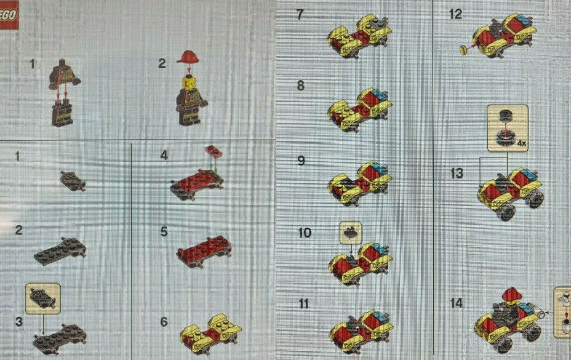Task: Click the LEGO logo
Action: pos(9,15)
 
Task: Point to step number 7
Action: pos(300,15)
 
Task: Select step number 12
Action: pos(455,14)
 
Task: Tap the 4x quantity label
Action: pos(522,143)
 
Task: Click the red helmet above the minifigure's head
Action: pos(189,57)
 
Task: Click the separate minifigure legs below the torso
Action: pos(62,114)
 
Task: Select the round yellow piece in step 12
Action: pos(465,49)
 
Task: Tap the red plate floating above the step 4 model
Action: pos(214,151)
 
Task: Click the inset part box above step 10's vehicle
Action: pos(351,233)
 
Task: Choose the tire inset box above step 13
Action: pos(508,128)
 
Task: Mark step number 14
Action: pos(457,303)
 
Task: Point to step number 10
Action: pos(305,233)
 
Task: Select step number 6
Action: pos(164,321)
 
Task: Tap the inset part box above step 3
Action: pos(43,299)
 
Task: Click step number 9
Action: pos(301,161)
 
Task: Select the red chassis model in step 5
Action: pos(204,250)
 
